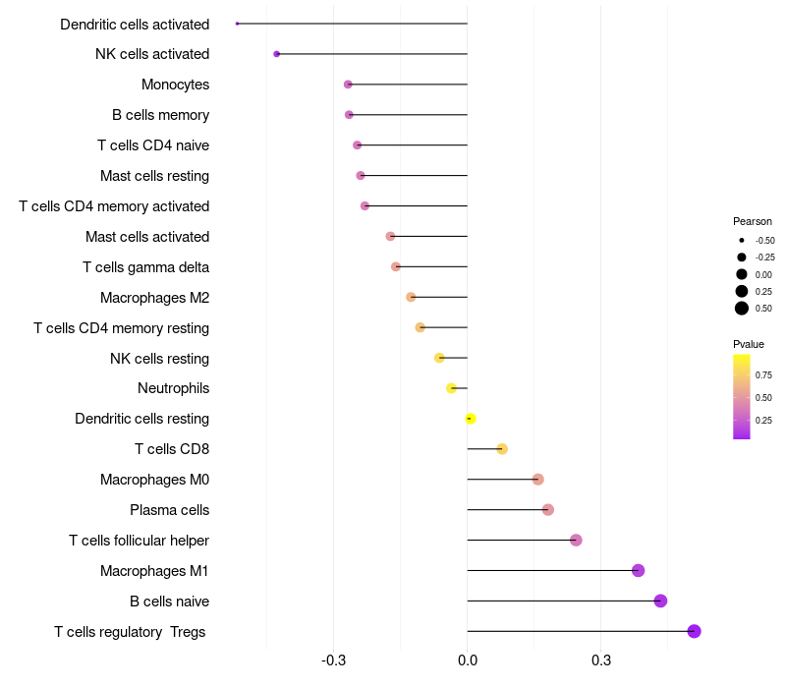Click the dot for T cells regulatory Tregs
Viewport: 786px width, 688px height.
694,631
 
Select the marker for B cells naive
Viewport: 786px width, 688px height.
660,601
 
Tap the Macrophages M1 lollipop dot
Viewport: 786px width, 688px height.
638,570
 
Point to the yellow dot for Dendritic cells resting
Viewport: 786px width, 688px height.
471,419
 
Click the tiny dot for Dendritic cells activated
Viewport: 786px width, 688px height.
238,24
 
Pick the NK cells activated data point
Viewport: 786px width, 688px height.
277,54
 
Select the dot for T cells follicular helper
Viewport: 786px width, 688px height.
576,540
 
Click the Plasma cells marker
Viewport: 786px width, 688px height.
548,509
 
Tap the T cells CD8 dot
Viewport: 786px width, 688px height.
502,449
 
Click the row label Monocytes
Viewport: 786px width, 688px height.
175,85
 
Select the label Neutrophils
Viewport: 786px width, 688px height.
173,388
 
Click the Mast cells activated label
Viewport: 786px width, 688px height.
147,237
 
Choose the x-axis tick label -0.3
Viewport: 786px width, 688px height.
333,659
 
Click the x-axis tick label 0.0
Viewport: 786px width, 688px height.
468,659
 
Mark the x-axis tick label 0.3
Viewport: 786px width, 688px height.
601,659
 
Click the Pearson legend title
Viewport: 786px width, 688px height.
753,221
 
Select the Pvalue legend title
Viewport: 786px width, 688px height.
749,344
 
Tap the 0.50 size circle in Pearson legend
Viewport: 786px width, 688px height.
742,309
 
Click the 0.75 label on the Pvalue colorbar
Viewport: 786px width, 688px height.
763,374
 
